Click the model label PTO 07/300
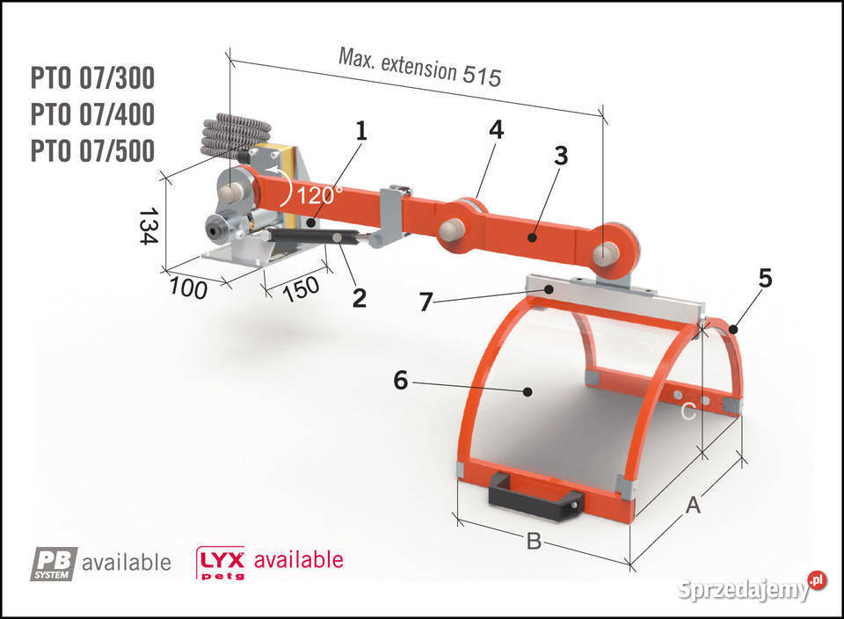tap(92, 78)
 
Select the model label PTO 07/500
tap(92, 150)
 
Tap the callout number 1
tap(361, 131)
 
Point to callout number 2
tap(359, 298)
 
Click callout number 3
tap(561, 156)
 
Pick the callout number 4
tap(496, 130)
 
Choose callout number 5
tap(765, 278)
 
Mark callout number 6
tap(401, 380)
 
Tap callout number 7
tap(426, 302)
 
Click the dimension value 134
tap(148, 226)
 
